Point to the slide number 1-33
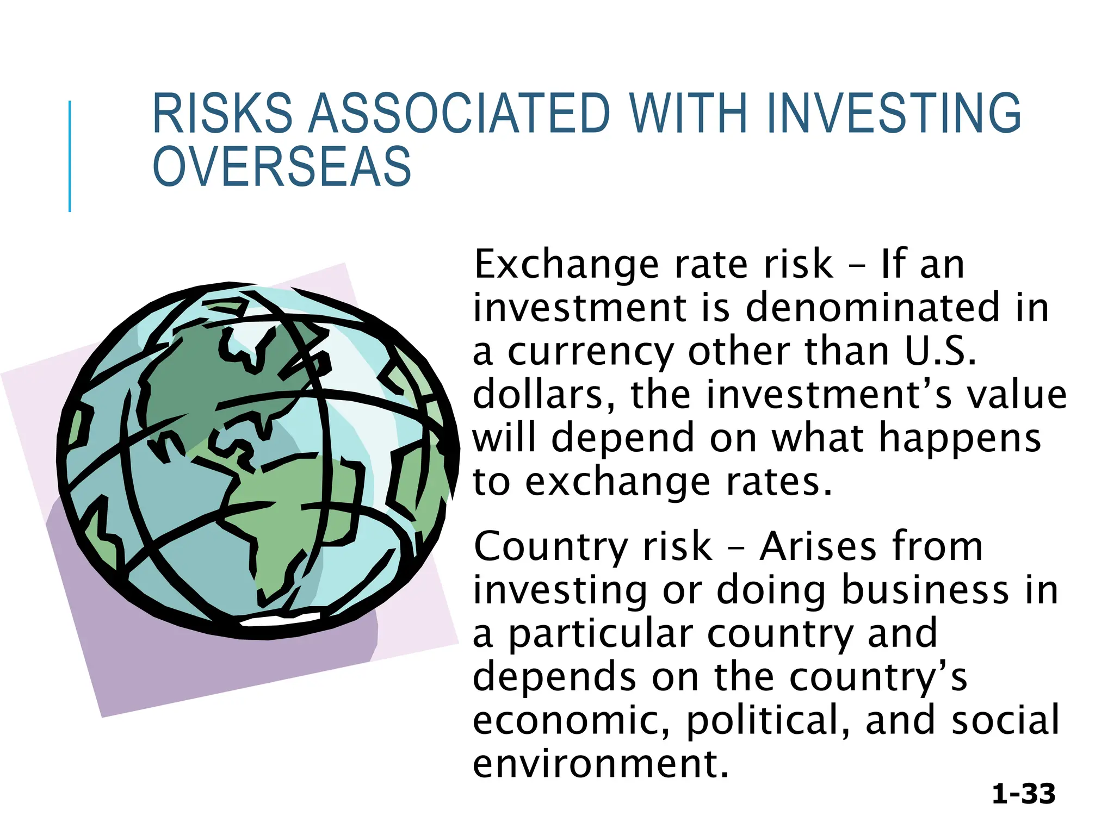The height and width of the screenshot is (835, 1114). [1023, 794]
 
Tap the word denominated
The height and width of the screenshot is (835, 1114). [872, 308]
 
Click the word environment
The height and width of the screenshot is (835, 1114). [600, 764]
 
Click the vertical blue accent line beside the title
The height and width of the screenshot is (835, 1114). [70, 156]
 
